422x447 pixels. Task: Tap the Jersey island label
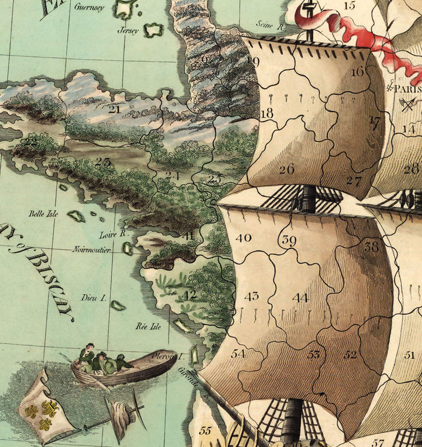click(128, 31)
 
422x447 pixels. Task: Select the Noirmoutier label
click(92, 250)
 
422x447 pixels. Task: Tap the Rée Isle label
click(147, 327)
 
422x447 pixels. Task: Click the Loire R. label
click(112, 235)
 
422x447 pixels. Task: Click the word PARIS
click(408, 88)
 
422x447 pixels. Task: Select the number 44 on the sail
click(300, 298)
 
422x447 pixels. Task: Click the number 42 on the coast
click(190, 295)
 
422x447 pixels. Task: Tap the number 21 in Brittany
click(114, 109)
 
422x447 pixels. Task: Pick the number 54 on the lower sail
click(238, 353)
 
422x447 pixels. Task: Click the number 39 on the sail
click(289, 241)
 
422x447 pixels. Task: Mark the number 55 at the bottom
click(205, 431)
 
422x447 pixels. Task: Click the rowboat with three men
click(112, 367)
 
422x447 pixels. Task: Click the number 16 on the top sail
click(358, 72)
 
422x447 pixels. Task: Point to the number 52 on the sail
click(350, 354)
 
